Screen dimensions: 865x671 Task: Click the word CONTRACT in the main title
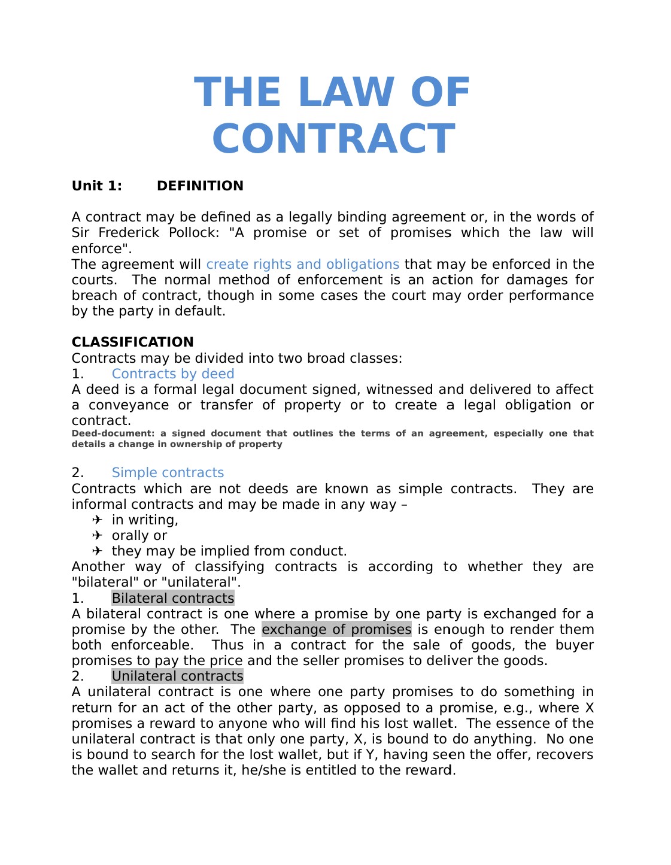pyautogui.click(x=333, y=139)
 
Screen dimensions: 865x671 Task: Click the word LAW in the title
pyautogui.click(x=346, y=93)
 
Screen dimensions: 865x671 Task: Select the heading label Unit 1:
pyautogui.click(x=97, y=186)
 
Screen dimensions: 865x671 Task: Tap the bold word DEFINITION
pyautogui.click(x=200, y=186)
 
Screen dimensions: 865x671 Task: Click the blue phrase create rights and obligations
pyautogui.click(x=302, y=265)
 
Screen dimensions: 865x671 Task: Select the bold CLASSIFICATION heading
pyautogui.click(x=132, y=342)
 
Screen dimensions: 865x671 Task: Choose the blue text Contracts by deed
pyautogui.click(x=173, y=374)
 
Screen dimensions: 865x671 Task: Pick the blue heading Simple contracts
pyautogui.click(x=168, y=473)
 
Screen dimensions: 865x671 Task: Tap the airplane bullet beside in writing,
pyautogui.click(x=98, y=520)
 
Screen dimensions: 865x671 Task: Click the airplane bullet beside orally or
pyautogui.click(x=98, y=535)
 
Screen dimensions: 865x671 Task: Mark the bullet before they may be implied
pyautogui.click(x=98, y=551)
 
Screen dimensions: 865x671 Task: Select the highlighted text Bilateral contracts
pyautogui.click(x=173, y=599)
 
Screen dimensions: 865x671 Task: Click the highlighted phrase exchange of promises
pyautogui.click(x=336, y=630)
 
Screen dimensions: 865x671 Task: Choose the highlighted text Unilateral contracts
pyautogui.click(x=177, y=676)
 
